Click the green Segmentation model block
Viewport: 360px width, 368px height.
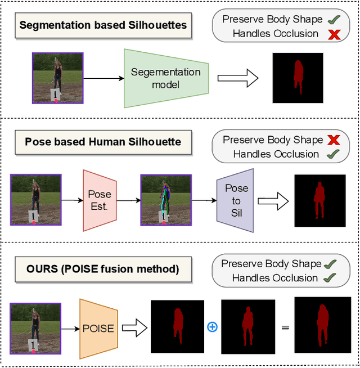(x=165, y=78)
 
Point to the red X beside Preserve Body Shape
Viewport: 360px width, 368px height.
(x=334, y=140)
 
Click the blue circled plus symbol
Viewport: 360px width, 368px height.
(x=212, y=327)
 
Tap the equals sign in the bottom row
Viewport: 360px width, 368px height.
(x=285, y=327)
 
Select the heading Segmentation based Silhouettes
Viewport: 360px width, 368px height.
(x=103, y=25)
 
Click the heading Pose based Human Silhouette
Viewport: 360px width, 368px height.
(x=103, y=142)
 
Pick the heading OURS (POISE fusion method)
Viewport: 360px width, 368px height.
(x=103, y=268)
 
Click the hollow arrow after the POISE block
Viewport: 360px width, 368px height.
(x=134, y=328)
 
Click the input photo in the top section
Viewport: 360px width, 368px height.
(x=57, y=78)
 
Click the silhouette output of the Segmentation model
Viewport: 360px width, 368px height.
(x=298, y=78)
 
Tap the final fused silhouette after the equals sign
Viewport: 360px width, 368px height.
(x=322, y=328)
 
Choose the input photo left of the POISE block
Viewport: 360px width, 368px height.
(x=35, y=329)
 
